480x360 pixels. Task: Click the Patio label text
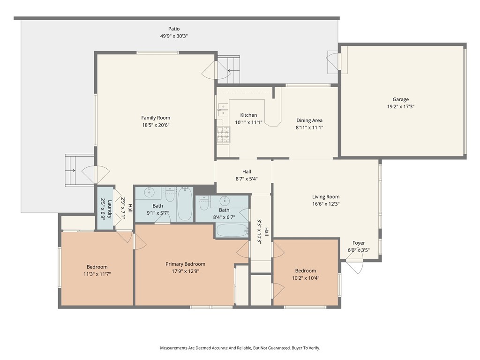tap(174, 29)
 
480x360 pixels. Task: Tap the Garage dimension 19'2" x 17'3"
tap(401, 107)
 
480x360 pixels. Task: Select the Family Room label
tap(156, 118)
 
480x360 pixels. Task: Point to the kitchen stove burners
tap(224, 135)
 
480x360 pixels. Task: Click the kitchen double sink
tap(223, 110)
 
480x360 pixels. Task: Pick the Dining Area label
tap(309, 120)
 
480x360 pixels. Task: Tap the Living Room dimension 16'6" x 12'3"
tap(326, 204)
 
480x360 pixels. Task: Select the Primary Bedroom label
tap(185, 264)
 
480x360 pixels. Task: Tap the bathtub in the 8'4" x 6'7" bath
tap(232, 230)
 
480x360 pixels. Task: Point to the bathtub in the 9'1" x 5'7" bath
tap(185, 204)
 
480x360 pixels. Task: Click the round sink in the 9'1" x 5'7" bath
tap(150, 193)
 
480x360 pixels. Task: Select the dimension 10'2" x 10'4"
tap(306, 278)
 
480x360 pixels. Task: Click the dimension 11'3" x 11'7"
tap(97, 274)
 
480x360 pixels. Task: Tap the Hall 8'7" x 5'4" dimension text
tap(247, 179)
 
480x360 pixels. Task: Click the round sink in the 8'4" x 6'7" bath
tap(225, 201)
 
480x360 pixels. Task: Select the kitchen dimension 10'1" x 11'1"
tap(248, 123)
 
